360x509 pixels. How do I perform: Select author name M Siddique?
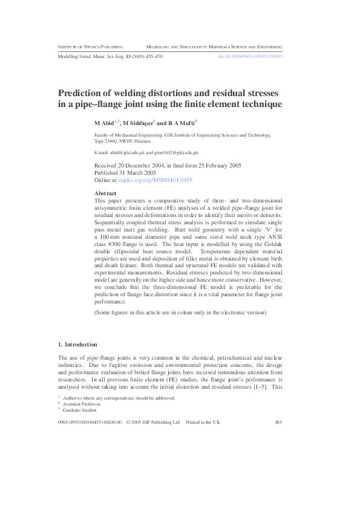[x=139, y=123]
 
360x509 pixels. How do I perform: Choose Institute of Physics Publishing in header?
[x=90, y=46]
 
